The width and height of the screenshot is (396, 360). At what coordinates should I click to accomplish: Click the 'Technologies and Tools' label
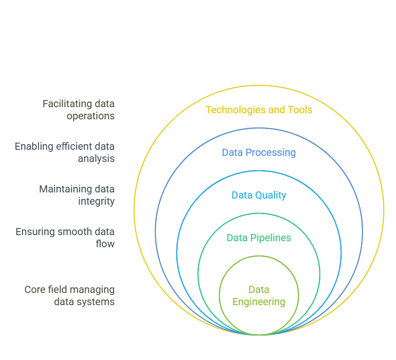pos(258,110)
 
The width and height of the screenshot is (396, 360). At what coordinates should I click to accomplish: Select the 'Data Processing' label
pos(258,152)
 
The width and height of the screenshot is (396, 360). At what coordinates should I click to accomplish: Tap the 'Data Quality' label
pos(258,195)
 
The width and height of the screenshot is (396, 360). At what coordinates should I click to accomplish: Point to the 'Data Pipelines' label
pos(258,238)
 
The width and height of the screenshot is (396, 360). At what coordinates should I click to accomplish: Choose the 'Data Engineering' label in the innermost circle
pos(258,296)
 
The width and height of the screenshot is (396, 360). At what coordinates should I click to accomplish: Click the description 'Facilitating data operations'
pos(78,110)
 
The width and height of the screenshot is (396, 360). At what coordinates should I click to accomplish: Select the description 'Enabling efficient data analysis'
pos(65,152)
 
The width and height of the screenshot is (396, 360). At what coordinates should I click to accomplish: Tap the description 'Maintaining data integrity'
pos(77,195)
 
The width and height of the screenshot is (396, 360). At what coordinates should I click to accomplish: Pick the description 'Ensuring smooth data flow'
pos(65,238)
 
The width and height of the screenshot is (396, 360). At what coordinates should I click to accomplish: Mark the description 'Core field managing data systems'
pos(70,296)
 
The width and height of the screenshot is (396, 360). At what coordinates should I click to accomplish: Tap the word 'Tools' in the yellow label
pos(300,110)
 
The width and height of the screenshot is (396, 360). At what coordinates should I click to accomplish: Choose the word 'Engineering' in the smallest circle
pos(258,302)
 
